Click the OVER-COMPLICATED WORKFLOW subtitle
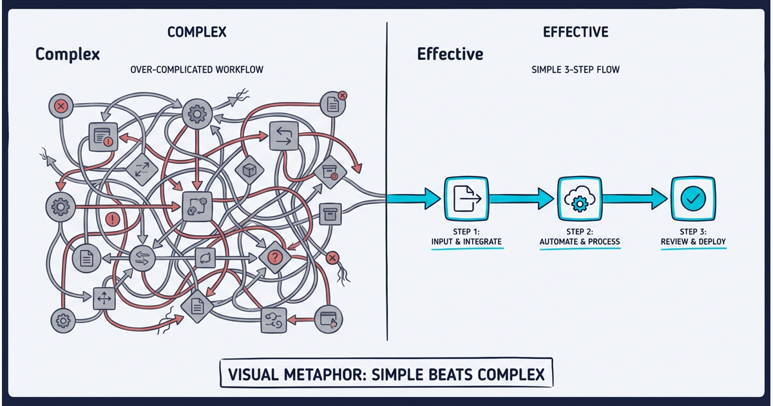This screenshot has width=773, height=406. tap(196, 69)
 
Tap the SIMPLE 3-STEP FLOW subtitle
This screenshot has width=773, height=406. tap(575, 69)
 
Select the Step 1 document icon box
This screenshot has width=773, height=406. tap(466, 198)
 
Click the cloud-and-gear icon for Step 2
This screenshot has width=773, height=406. tap(578, 198)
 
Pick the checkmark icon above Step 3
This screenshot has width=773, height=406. tap(692, 198)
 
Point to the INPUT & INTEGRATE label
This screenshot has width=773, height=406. tap(466, 242)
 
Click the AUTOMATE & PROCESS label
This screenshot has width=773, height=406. tap(580, 242)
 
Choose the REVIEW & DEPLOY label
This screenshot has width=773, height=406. tap(693, 242)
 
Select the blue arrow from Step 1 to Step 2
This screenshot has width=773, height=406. tap(522, 198)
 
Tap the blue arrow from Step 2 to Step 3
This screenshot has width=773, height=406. tap(635, 198)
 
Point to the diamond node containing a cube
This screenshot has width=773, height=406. tap(249, 169)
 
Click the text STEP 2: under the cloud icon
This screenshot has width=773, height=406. tap(579, 231)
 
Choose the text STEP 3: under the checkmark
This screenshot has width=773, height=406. tap(693, 231)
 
